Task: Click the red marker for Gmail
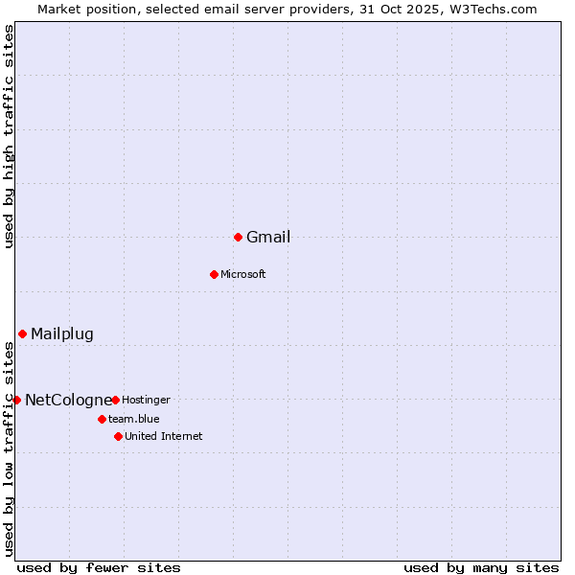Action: coord(238,237)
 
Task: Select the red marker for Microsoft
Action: coord(214,274)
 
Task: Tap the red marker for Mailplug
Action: coord(22,333)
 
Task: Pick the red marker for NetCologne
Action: coord(16,400)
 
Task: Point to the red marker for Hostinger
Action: coord(115,400)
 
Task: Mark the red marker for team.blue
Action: coord(102,419)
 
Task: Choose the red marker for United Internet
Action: coord(118,436)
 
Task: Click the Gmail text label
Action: coord(268,238)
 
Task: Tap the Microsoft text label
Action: coord(243,275)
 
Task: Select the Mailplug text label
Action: coord(62,334)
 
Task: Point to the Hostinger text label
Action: coord(146,400)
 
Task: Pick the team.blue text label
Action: coord(134,419)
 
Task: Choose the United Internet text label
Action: coord(164,437)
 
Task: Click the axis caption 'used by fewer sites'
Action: coord(99,567)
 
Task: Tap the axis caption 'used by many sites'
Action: coord(481,567)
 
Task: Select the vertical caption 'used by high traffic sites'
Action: coord(10,136)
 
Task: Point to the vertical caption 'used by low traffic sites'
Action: coord(10,448)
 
